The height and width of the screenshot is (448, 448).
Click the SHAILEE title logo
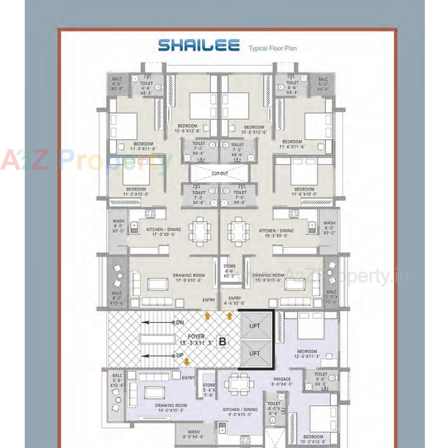coord(199,45)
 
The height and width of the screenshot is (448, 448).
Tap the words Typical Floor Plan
coord(273,48)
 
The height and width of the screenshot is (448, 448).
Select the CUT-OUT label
coord(220,173)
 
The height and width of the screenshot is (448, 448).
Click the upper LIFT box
coord(255,326)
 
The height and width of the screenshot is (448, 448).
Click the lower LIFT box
coord(255,353)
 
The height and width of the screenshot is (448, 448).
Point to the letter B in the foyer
coord(223,342)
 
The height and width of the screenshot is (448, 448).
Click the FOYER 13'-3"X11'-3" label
coord(196,339)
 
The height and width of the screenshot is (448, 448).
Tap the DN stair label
coord(180,323)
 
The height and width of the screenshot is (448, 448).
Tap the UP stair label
coord(180,355)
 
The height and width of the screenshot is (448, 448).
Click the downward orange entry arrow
coord(186,362)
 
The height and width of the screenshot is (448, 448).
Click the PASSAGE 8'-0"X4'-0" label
coord(282,381)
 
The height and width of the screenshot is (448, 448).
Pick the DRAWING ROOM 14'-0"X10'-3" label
coord(171,408)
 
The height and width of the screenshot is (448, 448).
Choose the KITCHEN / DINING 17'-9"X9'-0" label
coord(164,232)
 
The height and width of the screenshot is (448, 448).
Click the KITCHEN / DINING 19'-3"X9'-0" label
coord(276,233)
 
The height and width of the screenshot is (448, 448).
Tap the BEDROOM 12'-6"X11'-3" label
coord(307,354)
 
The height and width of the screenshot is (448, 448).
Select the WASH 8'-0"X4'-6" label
coord(193,434)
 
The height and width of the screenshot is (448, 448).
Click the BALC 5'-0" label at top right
coord(323,84)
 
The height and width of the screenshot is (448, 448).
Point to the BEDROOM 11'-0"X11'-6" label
coord(143,146)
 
